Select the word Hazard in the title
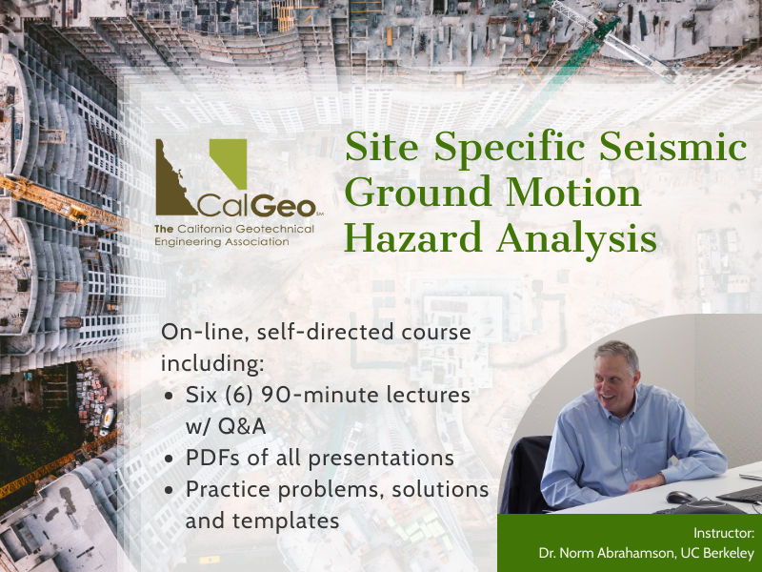click(413, 237)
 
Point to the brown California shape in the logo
click(171, 185)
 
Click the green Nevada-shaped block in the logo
click(231, 161)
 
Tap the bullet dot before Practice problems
click(170, 490)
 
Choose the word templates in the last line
click(285, 521)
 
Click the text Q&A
click(242, 426)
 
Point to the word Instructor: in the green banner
click(724, 533)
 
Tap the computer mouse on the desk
click(680, 497)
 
